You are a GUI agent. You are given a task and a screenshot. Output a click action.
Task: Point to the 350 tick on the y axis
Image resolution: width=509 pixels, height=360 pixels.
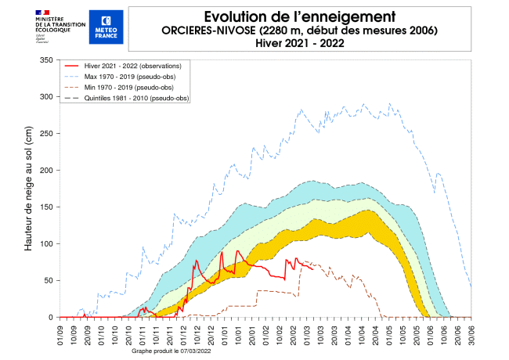45,60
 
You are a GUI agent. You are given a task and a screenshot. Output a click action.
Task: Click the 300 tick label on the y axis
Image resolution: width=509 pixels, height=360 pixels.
45,97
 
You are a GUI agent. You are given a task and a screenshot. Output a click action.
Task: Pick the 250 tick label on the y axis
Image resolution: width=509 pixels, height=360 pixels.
45,134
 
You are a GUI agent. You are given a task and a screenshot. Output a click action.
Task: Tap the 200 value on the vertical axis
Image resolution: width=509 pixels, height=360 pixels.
45,171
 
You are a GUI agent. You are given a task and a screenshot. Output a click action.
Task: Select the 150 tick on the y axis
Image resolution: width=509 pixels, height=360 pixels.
45,207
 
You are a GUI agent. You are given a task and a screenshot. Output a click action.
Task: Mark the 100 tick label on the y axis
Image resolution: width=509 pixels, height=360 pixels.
45,244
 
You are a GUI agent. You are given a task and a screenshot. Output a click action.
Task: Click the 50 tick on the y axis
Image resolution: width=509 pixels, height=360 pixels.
48,281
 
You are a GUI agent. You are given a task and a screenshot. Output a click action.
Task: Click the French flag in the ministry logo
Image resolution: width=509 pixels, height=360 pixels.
41,12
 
